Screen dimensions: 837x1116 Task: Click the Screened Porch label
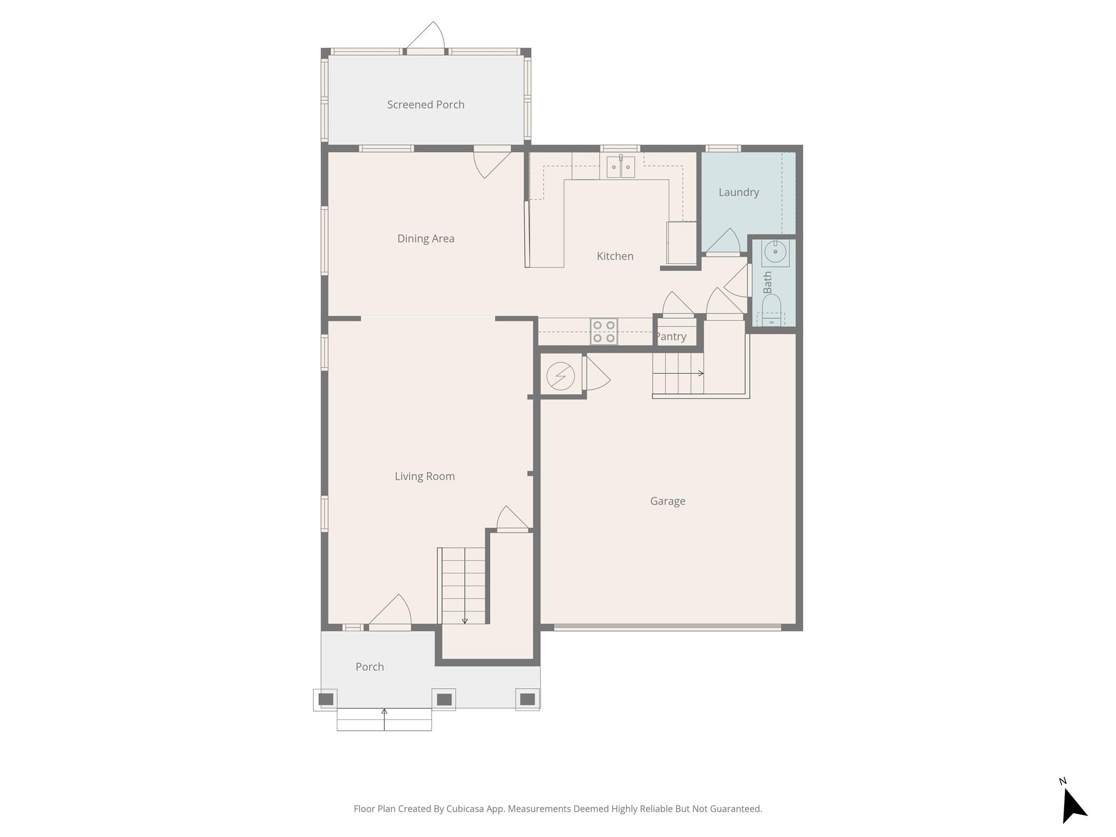pos(426,105)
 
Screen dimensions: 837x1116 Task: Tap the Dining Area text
pos(426,239)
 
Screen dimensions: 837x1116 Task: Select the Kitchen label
pos(615,256)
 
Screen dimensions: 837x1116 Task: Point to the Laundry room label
pos(738,192)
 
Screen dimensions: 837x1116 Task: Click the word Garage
pos(668,501)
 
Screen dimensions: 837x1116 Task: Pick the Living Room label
pos(424,476)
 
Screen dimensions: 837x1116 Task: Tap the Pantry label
pos(671,337)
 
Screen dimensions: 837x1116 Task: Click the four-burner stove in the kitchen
pos(604,331)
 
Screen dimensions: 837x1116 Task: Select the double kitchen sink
pos(621,167)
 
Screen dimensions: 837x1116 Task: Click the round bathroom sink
pos(775,252)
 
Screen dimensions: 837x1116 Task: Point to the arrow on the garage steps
pos(700,373)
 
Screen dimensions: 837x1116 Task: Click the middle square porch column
pos(444,699)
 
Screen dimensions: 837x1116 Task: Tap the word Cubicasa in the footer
pos(467,809)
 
